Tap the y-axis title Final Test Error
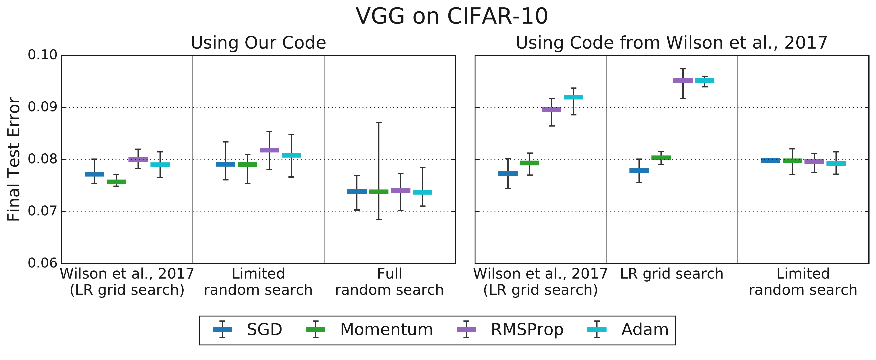tap(14, 159)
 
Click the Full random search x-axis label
tap(389, 282)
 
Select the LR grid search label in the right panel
tap(672, 274)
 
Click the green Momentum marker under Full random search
tap(379, 192)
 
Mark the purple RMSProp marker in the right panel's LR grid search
tap(683, 81)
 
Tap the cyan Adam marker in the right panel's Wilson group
tap(574, 97)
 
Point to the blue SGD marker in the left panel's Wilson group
tap(94, 174)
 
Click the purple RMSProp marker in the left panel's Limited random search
tap(269, 150)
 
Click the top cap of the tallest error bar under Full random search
tap(379, 122)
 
